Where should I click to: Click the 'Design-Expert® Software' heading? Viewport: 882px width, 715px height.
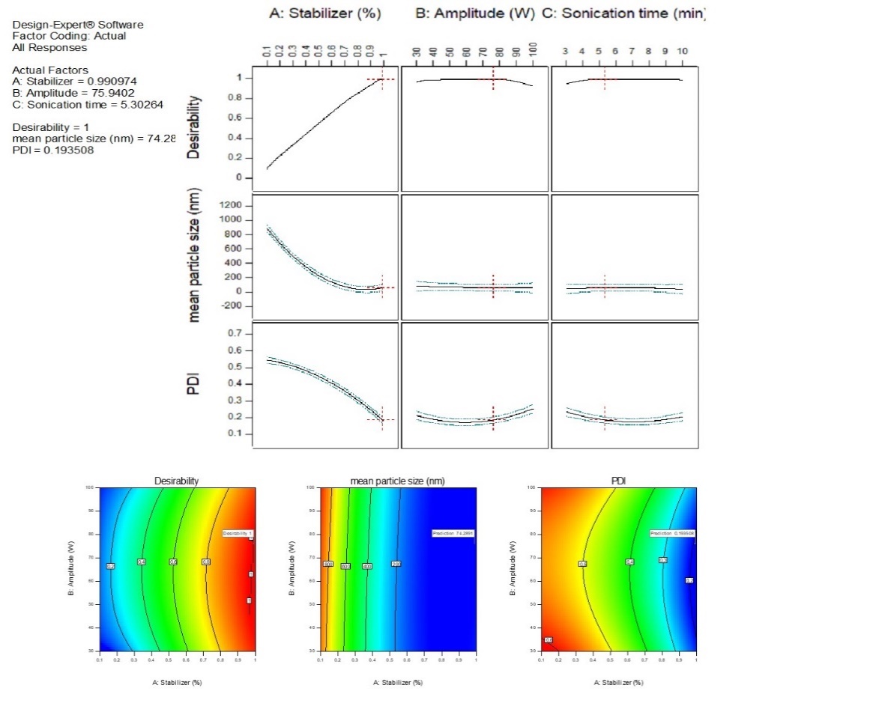[78, 25]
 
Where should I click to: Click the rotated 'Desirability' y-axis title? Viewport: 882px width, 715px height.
[194, 128]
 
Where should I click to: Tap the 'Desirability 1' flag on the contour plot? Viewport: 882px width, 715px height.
[239, 533]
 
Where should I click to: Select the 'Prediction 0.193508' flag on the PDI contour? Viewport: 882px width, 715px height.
[671, 533]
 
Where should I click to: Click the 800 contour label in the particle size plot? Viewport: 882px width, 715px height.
[327, 563]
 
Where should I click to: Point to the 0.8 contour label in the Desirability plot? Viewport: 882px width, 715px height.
[206, 562]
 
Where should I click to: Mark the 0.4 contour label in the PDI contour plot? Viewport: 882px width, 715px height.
[629, 562]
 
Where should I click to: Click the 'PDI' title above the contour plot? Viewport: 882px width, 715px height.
[618, 481]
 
